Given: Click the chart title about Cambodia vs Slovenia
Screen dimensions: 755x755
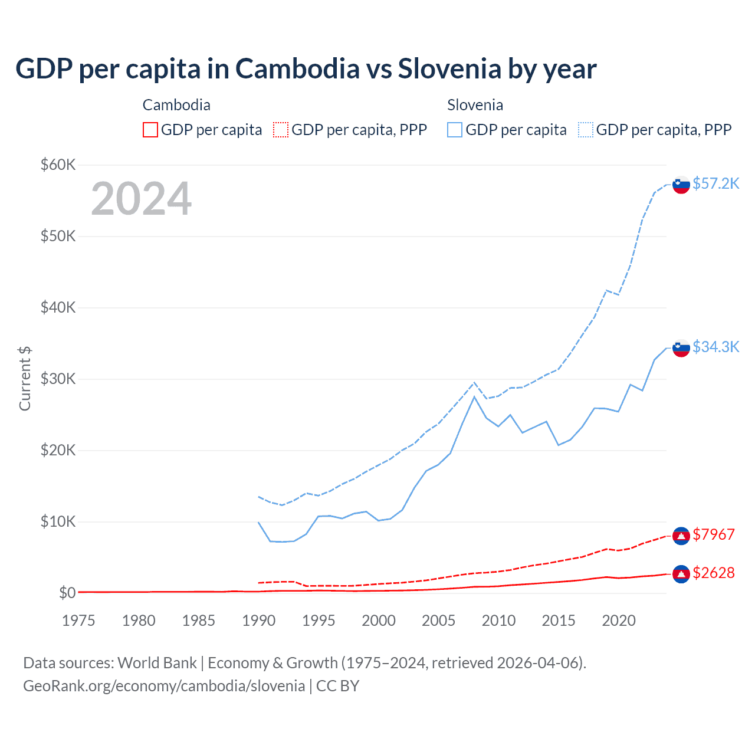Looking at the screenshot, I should click(x=306, y=69).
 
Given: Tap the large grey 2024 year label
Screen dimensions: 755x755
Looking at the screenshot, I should click(x=141, y=199).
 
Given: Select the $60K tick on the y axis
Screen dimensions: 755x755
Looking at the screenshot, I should click(x=58, y=165).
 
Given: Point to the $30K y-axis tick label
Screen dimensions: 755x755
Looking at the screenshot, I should click(x=58, y=379).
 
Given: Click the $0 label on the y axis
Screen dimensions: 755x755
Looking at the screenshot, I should click(x=67, y=593).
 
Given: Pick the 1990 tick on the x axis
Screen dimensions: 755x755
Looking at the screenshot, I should click(x=259, y=621).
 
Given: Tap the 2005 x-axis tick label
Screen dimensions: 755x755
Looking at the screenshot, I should click(x=438, y=621).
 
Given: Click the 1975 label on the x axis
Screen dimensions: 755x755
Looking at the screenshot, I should click(x=78, y=621).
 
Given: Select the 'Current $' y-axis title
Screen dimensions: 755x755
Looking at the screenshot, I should click(x=25, y=379).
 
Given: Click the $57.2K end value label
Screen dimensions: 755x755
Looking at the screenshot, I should click(x=715, y=183).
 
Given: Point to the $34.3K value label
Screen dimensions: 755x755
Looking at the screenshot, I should click(x=715, y=347).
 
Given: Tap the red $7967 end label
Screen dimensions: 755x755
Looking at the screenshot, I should click(x=713, y=534).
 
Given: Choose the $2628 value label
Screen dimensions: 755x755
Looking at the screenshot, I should click(x=713, y=573).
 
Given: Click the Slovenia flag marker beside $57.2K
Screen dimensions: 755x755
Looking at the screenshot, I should click(x=681, y=185).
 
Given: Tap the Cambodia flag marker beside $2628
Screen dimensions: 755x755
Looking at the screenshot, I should click(x=681, y=574).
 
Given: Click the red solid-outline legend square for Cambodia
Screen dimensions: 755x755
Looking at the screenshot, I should click(x=150, y=130).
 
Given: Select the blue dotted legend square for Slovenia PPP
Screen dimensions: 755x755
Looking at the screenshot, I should click(x=586, y=130).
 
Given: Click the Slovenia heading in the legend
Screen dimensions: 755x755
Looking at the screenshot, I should click(x=475, y=105).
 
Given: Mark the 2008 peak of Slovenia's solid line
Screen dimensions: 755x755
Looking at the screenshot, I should click(x=474, y=396).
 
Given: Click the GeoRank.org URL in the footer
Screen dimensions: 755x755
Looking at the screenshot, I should click(x=164, y=686).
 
